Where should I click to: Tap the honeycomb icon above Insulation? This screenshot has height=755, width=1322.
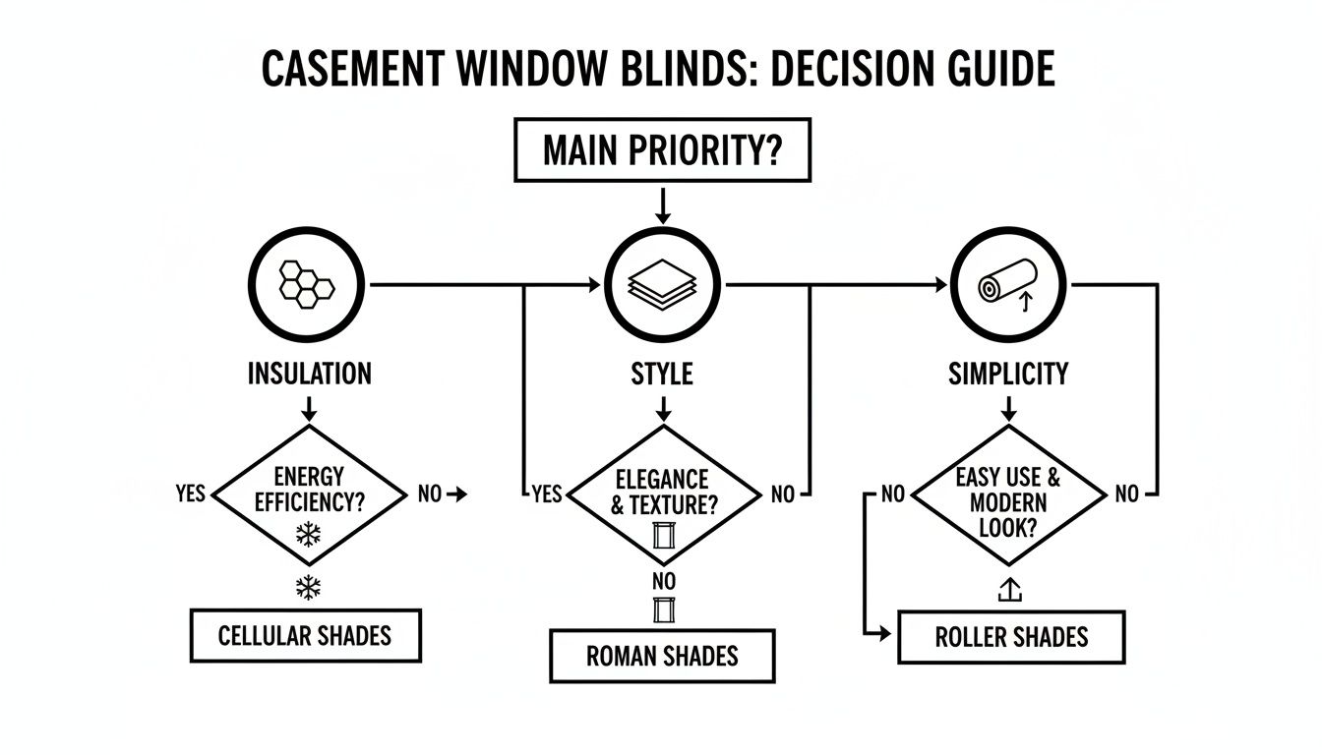click(x=307, y=284)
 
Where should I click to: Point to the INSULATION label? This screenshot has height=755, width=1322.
click(x=309, y=374)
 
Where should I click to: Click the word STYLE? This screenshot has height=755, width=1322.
click(x=662, y=374)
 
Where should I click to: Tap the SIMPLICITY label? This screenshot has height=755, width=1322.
click(x=1008, y=374)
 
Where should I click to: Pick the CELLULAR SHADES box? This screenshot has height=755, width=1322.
click(x=305, y=636)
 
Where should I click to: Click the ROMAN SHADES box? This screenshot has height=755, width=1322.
click(x=662, y=656)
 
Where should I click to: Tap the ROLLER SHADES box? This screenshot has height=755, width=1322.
click(x=1011, y=637)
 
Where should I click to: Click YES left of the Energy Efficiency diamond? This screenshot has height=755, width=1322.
click(x=190, y=494)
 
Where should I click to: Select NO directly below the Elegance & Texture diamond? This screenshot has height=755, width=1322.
click(x=664, y=582)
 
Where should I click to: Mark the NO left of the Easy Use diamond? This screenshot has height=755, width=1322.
click(x=892, y=494)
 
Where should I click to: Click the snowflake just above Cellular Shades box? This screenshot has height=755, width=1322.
click(x=309, y=589)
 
